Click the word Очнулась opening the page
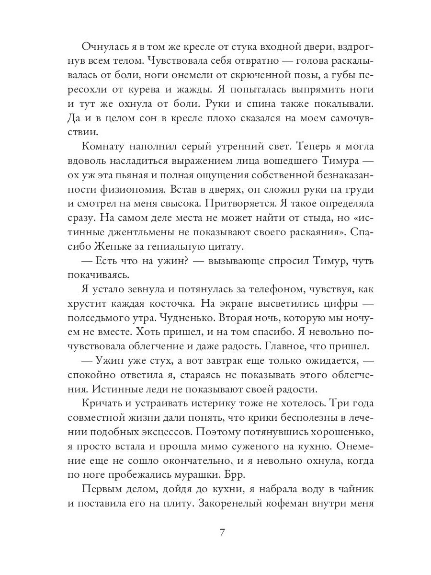click(x=103, y=46)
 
